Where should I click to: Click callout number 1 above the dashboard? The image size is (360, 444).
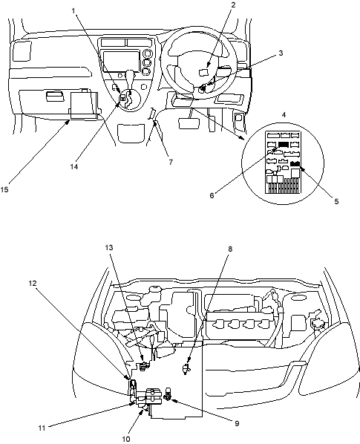coord(73,10)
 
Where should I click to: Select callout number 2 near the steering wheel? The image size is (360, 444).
coord(232,4)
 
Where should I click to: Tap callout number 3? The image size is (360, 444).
coord(281,53)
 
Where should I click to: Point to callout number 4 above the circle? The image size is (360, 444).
coord(284,114)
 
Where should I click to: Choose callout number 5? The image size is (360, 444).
coord(336,201)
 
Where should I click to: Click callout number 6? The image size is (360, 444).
coord(212,195)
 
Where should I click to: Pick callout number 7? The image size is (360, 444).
coord(171,163)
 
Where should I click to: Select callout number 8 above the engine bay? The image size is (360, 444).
coord(230,249)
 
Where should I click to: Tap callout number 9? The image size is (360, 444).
coord(237,423)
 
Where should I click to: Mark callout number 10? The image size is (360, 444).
coord(126,440)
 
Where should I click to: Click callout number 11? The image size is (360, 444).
coord(42,428)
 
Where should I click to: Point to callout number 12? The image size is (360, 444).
coord(33,283)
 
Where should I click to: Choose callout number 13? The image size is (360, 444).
coord(109,248)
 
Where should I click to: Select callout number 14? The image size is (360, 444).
coord(74,167)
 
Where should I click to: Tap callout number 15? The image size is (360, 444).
coord(4,189)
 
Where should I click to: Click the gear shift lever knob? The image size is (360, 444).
coord(130,76)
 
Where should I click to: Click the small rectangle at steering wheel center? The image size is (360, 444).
coord(204,73)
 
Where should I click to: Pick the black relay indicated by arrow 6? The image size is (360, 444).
coord(283,145)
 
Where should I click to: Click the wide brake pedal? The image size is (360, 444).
coord(189,123)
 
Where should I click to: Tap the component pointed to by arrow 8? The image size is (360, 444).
coord(186,369)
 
